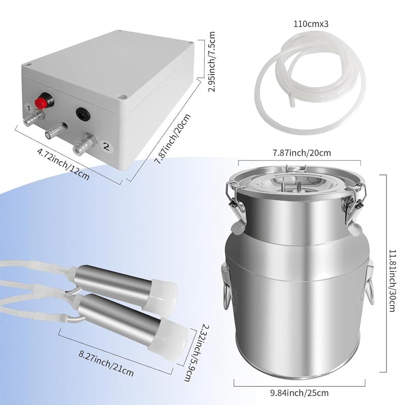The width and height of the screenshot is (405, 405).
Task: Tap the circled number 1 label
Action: point(29,108)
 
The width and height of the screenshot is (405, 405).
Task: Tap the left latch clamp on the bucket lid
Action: point(232,200)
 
